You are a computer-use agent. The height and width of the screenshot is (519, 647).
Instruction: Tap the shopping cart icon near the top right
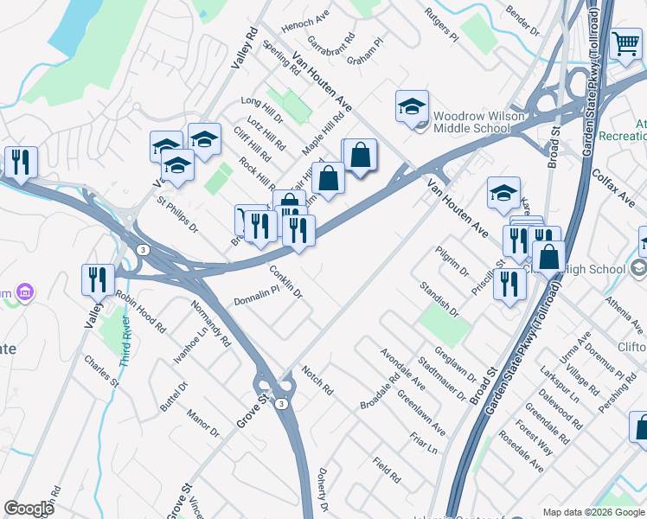625,43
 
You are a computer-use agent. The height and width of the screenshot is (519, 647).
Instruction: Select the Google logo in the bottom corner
29,509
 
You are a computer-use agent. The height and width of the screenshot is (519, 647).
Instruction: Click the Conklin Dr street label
285,281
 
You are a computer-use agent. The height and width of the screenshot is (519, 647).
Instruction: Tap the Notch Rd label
317,380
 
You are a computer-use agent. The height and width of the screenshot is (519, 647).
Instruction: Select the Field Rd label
387,470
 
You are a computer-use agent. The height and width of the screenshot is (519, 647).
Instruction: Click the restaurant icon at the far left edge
19,162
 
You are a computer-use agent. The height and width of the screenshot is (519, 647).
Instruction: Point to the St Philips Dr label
176,215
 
